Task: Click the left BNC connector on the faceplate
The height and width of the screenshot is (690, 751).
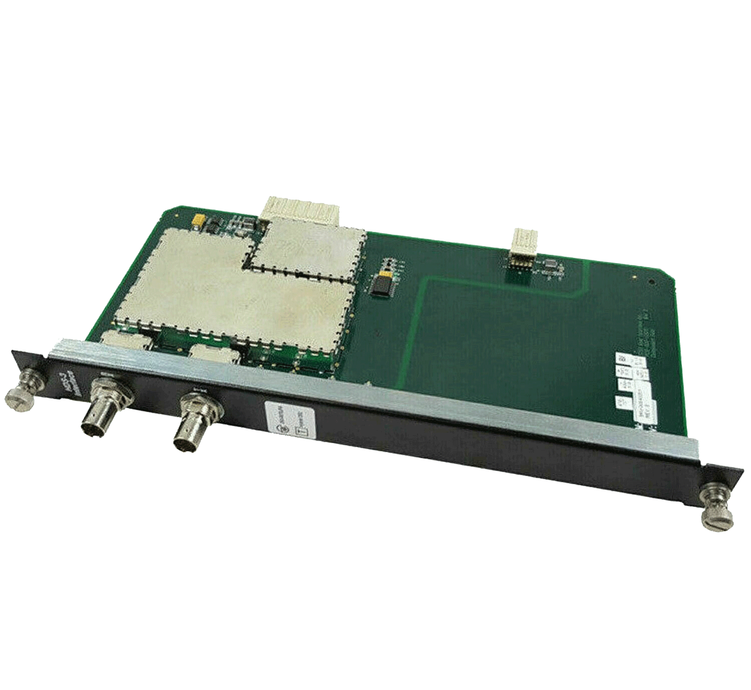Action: [102, 411]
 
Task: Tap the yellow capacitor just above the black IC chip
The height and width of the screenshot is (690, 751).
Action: [385, 274]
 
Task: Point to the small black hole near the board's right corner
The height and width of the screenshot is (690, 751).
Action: [651, 282]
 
